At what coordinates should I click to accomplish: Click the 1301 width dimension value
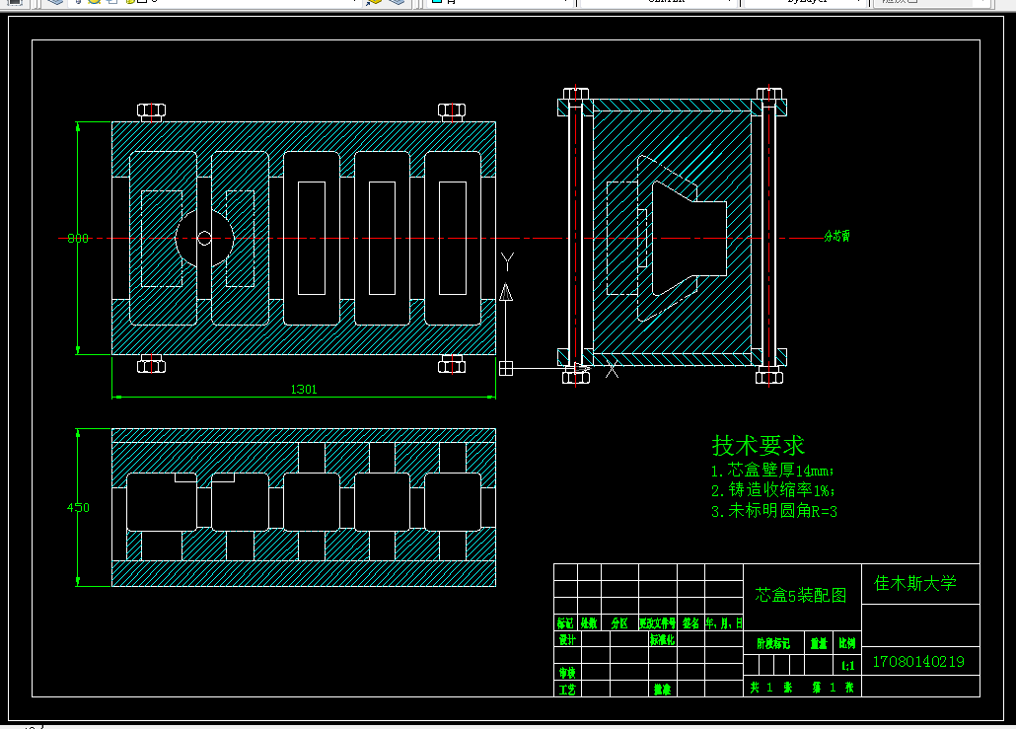point(304,390)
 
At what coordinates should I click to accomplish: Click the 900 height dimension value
point(78,238)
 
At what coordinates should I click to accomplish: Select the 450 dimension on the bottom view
point(78,508)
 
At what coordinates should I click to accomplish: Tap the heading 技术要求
point(759,445)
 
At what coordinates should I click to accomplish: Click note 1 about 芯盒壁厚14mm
point(772,471)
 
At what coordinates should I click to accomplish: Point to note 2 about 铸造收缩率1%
point(773,490)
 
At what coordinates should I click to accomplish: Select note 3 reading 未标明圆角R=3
point(774,511)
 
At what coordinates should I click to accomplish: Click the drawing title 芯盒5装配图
point(801,596)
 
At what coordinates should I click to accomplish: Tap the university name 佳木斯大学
point(915,583)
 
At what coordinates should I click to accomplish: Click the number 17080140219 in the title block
point(918,662)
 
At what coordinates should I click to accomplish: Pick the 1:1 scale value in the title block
point(847,666)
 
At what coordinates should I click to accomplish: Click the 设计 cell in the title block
point(566,639)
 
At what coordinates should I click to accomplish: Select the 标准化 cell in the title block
point(661,639)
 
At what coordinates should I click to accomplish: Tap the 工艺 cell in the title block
point(566,689)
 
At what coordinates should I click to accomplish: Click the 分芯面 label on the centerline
point(836,237)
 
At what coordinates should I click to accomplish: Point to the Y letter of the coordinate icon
point(507,261)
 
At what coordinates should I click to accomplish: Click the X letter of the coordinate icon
point(612,370)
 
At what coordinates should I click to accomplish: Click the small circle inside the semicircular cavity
point(204,238)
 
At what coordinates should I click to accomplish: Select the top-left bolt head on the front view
point(151,110)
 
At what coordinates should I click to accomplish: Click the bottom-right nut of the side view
point(769,375)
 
